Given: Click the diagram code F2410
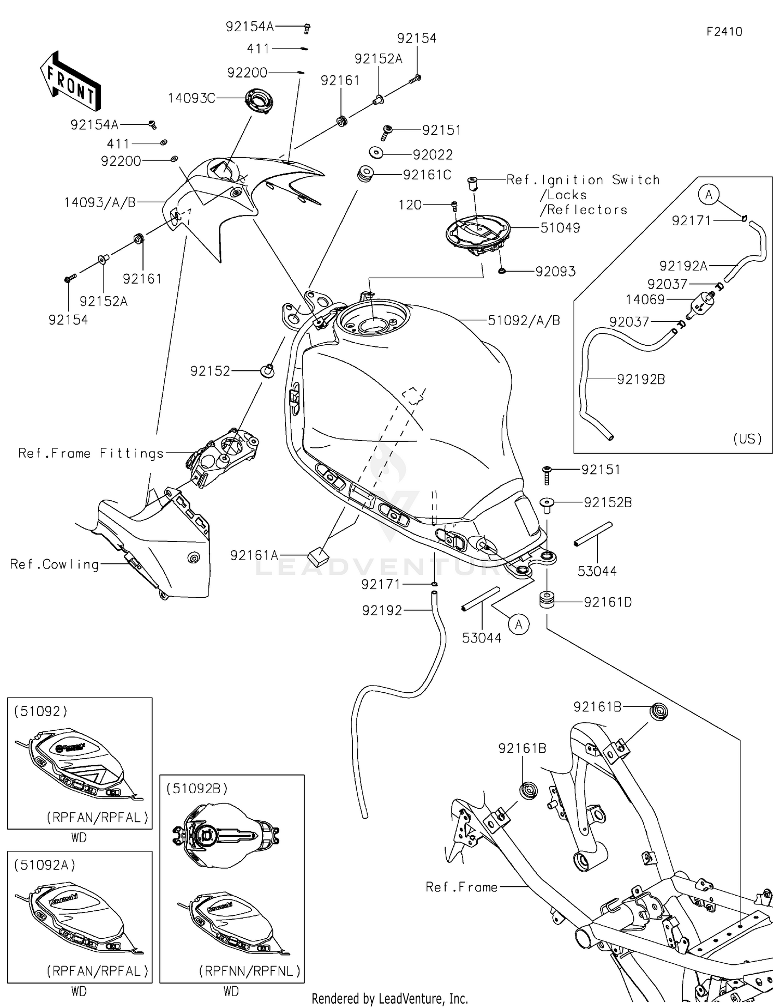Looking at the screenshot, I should pos(724,32).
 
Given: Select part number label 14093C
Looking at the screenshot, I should pos(191,98).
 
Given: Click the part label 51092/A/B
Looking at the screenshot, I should pos(524,320).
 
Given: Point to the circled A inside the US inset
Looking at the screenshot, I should pos(708,195).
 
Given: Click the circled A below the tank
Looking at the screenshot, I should pos(518,624).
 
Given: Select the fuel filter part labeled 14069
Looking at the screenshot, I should pos(702,305).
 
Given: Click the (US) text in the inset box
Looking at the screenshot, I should pos(747,438).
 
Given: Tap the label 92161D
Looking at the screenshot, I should pos(607,602).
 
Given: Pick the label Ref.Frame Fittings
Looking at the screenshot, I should pos(91,453).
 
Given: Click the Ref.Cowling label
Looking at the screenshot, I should pos(55,564).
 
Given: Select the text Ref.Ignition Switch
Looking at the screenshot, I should pos(583,180).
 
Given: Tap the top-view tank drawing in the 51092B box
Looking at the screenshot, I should pos(226,836).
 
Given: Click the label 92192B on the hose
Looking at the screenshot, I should pos(641,379).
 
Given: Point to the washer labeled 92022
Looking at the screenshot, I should pos(376,153).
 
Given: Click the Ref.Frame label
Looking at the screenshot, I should pos(461,887).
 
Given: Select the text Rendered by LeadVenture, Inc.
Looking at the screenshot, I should pos(389,998).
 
